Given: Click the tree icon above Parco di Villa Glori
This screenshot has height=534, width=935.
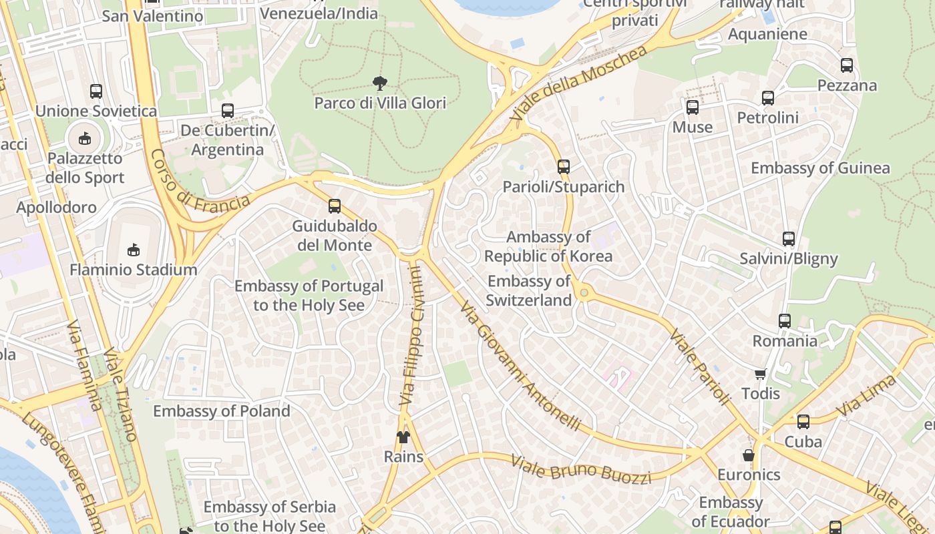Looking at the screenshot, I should coord(380,83).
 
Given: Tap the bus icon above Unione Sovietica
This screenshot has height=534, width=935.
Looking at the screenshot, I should coord(96,91).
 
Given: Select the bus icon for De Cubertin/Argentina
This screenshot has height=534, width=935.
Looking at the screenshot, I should coord(228,111).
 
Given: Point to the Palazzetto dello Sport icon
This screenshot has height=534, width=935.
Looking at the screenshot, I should coord(85,139).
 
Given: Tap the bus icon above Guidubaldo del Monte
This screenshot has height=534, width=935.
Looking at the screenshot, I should coord(335,206).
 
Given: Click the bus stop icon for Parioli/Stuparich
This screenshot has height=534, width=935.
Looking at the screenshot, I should coord(564,167).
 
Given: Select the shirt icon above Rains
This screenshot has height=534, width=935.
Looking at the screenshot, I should coord(403,437).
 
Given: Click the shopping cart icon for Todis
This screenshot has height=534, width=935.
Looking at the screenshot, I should coord(761,374).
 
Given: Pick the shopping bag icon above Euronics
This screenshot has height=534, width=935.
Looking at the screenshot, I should coord(749,455).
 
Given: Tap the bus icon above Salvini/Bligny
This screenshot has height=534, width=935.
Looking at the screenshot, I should coord(789,239).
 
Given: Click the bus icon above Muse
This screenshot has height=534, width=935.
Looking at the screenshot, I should coord(693,107).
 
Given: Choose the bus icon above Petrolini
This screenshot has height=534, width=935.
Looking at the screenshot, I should coord(768,98).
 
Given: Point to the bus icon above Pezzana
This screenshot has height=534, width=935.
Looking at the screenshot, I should coord(847,65).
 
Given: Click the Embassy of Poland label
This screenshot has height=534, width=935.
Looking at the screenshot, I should coord(222,411).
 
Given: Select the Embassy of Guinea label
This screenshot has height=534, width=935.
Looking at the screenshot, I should coord(820,168).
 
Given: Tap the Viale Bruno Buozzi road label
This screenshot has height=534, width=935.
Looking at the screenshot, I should coord(580,469).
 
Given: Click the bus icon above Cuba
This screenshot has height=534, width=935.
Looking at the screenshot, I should coord(803,422).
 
